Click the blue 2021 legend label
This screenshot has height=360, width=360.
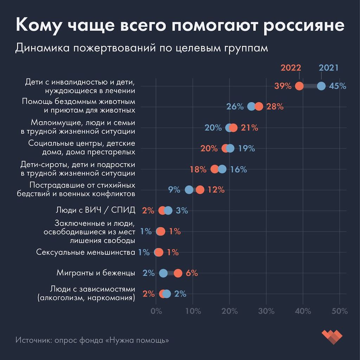328,67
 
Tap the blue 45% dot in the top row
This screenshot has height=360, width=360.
321,86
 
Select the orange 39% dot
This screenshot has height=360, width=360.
299,86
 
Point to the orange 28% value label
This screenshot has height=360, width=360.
275,107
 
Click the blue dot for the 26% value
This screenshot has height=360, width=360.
251,107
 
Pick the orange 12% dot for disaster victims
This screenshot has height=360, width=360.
200,190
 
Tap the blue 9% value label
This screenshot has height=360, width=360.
174,190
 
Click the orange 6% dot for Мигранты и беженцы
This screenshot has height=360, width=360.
178,273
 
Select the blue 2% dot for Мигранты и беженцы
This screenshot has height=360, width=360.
163,273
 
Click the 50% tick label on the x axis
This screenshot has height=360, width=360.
340,311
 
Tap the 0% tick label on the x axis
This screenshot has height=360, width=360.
156,311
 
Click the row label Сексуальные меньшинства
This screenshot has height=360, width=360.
86,252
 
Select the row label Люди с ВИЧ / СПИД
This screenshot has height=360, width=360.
95,210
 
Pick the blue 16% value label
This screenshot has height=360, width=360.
238,169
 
